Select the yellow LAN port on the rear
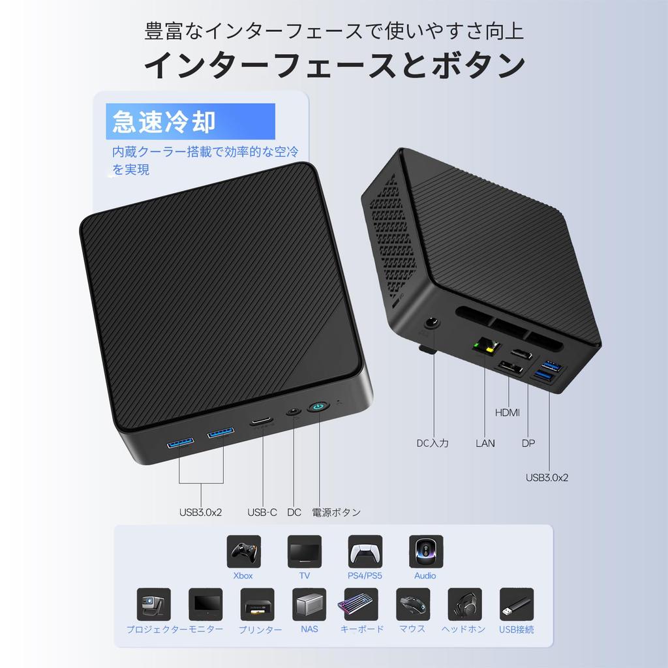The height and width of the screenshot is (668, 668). (485, 345)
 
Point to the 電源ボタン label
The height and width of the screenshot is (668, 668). (336, 512)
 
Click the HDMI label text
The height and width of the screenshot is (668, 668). (508, 412)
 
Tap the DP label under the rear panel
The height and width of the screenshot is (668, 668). (528, 444)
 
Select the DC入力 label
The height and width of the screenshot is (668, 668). (433, 444)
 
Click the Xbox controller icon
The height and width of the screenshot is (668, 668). (243, 552)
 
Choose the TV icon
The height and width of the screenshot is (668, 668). (304, 552)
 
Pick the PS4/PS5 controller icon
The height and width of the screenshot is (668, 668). (365, 552)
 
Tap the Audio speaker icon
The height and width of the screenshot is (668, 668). (425, 552)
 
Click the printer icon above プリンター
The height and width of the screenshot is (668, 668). (257, 605)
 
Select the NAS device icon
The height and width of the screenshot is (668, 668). (309, 605)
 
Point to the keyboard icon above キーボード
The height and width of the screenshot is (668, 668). (361, 605)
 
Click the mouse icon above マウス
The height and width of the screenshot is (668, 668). (413, 605)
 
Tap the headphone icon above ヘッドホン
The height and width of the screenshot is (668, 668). (464, 605)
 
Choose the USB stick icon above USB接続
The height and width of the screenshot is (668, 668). (516, 605)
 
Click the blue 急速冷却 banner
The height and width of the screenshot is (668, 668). (190, 122)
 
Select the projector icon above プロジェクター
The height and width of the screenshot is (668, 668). (154, 605)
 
